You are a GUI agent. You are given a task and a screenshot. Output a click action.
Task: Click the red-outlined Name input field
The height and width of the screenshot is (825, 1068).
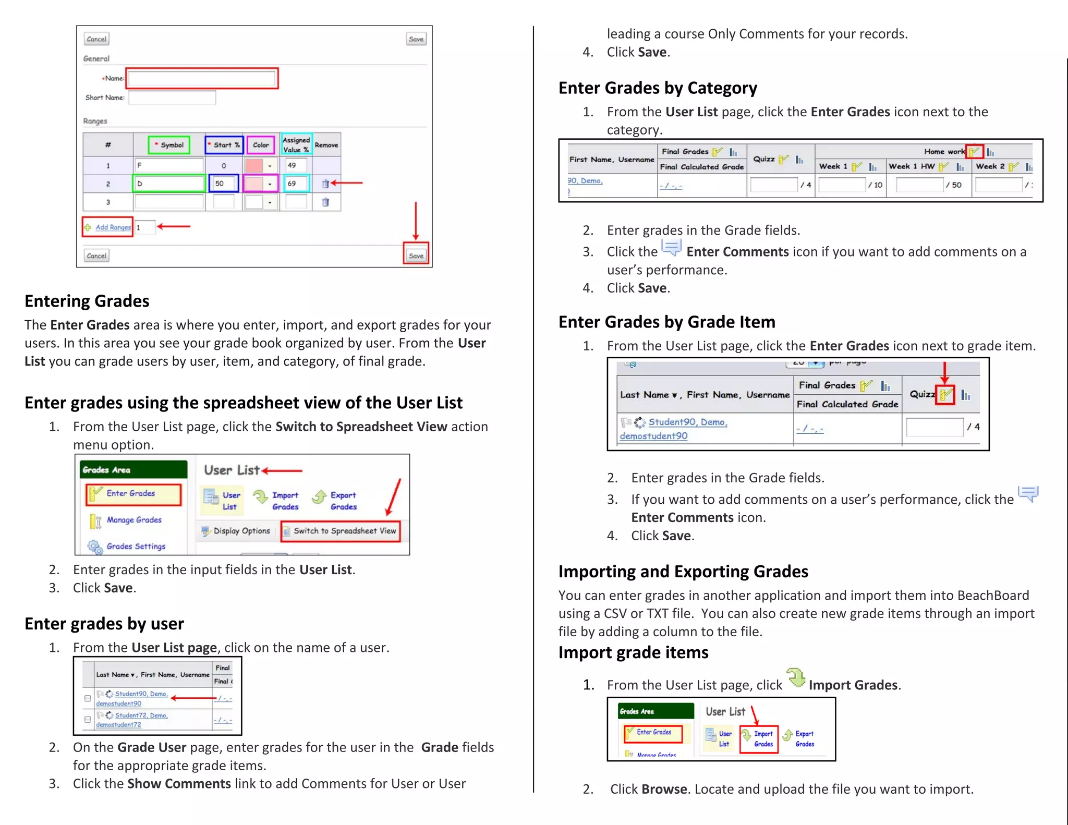tap(201, 79)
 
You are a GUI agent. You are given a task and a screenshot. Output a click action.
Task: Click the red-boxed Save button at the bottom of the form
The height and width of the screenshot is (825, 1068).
tap(416, 255)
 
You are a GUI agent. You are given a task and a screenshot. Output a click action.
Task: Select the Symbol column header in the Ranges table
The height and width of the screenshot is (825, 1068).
tap(169, 145)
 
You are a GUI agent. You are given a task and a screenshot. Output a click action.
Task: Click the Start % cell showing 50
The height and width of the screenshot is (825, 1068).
tap(223, 184)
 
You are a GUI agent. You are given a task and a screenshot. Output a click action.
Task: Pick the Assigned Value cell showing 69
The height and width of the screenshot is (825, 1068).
tap(296, 184)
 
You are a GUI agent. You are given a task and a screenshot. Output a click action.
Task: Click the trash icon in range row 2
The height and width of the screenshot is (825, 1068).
tap(325, 184)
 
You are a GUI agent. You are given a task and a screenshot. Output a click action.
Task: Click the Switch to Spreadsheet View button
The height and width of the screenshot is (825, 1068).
tap(341, 531)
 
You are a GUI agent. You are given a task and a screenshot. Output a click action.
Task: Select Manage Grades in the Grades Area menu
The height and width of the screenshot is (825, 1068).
tap(133, 520)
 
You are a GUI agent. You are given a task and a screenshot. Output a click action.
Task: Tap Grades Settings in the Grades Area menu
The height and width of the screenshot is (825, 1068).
tap(136, 546)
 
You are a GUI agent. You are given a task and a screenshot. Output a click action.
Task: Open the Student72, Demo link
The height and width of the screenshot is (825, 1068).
tap(141, 715)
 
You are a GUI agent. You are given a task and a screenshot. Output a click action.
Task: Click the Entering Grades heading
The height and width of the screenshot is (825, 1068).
tap(87, 301)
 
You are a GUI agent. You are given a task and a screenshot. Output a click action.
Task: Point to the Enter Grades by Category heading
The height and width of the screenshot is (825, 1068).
tap(657, 88)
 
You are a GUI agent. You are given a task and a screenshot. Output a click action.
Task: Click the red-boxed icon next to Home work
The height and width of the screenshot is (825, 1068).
tap(974, 152)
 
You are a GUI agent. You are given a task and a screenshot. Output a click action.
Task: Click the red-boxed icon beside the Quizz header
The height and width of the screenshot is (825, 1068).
tap(945, 395)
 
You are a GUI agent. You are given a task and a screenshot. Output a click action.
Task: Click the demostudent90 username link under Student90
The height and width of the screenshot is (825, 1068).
tap(653, 436)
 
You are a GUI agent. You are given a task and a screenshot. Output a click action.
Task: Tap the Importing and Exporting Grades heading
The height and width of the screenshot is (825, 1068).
tap(683, 572)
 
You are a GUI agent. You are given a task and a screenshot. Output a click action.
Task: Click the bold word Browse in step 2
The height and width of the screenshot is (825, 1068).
tap(664, 789)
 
